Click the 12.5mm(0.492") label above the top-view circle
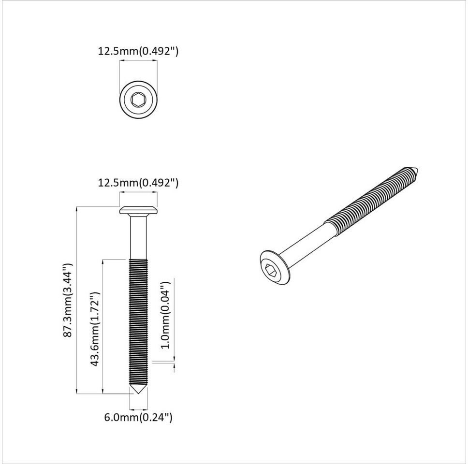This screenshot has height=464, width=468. point(138,51)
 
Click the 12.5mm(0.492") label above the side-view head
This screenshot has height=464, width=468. point(138,182)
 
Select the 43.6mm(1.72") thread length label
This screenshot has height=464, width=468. point(95,329)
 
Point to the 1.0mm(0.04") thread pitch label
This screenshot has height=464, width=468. point(165,315)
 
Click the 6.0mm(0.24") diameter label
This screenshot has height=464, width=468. point(138,417)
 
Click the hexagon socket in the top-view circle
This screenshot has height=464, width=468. point(138,99)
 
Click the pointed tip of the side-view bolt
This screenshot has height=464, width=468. point(138,393)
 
